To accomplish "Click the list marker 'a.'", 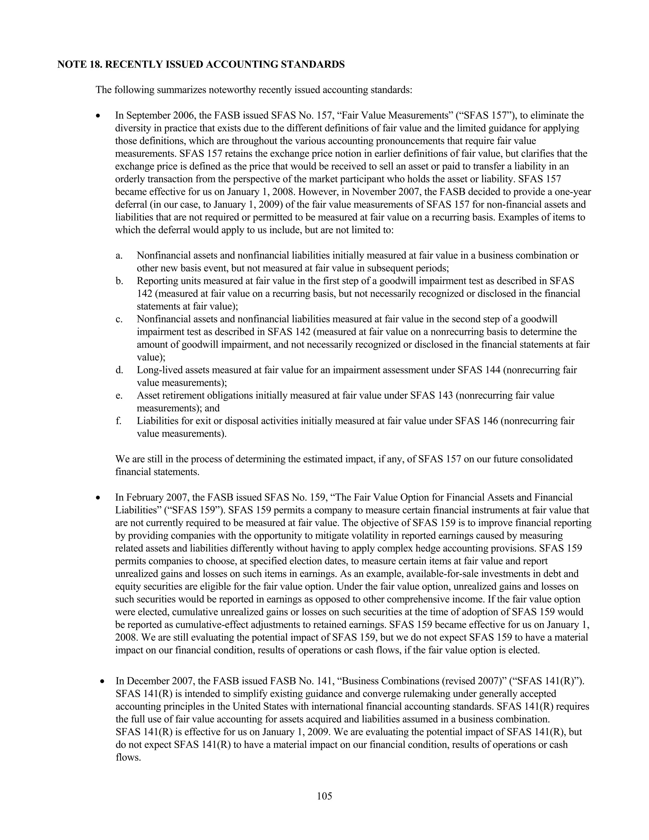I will (x=119, y=256).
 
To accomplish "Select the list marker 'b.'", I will (x=119, y=281).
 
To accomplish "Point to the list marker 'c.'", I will (x=119, y=319).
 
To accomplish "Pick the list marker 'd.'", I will (x=119, y=370).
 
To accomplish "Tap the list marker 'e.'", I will (x=119, y=395).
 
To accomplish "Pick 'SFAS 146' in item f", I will (x=476, y=421).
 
